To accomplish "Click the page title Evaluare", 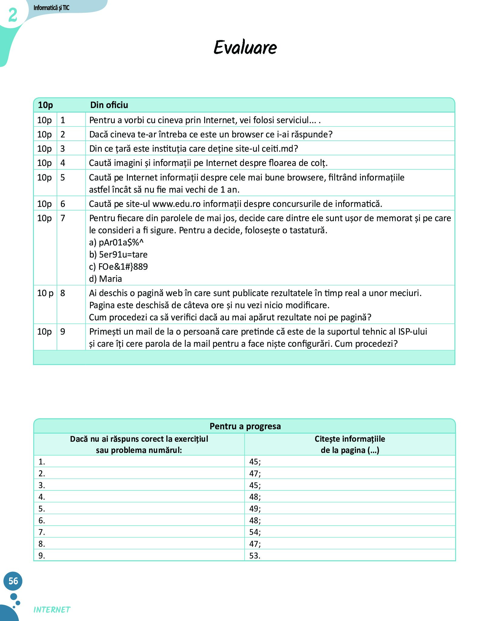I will (245, 48).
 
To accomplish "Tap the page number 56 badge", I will (13, 581).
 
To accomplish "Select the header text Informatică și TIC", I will (51, 8).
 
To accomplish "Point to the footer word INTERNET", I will (52, 610).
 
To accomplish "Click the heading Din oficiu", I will (109, 105).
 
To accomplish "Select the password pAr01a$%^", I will (121, 242).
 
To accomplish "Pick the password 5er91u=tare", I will (123, 255).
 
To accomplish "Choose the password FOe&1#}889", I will (123, 267).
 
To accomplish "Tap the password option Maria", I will (111, 279).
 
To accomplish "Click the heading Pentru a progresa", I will (245, 426).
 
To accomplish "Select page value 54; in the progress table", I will (255, 532).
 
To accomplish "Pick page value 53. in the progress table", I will (255, 555).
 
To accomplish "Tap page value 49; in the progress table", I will (255, 508).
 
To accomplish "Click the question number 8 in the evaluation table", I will (63, 293).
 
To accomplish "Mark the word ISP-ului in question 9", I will (412, 332).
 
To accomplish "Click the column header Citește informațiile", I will (350, 439).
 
